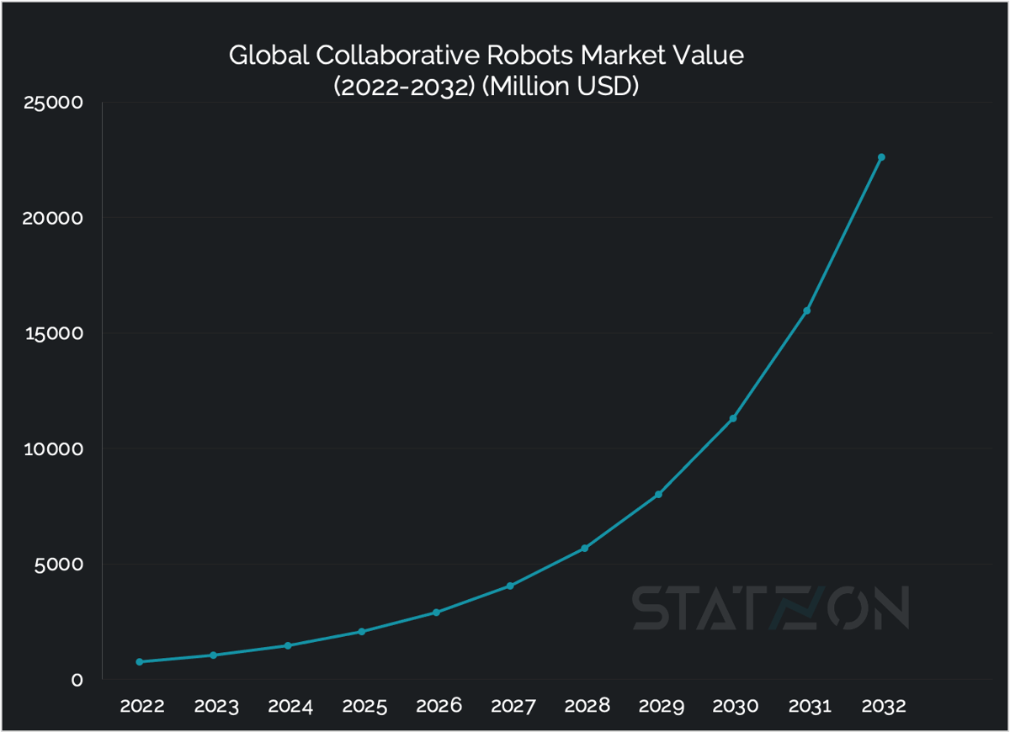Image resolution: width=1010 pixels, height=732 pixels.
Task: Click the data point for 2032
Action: point(881,157)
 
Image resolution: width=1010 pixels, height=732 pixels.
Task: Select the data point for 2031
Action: point(806,310)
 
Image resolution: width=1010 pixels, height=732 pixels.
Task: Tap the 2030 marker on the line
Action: point(732,418)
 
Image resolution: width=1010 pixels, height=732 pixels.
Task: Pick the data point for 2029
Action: point(658,494)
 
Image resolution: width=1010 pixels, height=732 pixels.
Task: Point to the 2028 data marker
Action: point(584,549)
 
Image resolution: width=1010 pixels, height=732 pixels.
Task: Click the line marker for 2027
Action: point(510,586)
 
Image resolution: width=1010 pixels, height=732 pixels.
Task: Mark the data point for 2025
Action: point(362,631)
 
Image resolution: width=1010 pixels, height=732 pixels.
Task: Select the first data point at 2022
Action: point(140,661)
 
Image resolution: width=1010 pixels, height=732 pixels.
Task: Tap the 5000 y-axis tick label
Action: point(60,564)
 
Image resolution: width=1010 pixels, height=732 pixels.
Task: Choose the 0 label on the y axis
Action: point(77,680)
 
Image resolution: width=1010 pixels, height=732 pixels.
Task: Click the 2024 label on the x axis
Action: point(290,706)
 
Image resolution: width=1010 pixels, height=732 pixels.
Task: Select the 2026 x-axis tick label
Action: point(439,706)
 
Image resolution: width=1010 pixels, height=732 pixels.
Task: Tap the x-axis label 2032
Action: point(883,706)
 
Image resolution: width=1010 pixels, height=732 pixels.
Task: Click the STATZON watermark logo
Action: point(770,607)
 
